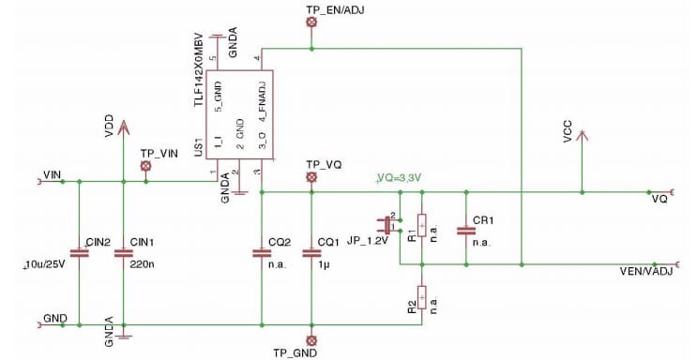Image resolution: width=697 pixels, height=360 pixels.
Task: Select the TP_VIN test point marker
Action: [x=145, y=166]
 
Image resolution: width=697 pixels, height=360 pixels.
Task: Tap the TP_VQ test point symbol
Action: [x=312, y=176]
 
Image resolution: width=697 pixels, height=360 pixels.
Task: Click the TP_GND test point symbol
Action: [x=312, y=339]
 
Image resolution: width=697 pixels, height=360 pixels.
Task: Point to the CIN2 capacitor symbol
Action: [x=79, y=253]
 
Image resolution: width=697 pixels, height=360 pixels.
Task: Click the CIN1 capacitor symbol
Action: [x=123, y=253]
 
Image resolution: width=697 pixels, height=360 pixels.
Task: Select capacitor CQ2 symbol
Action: [x=260, y=253]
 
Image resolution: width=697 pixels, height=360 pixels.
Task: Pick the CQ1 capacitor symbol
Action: [x=311, y=253]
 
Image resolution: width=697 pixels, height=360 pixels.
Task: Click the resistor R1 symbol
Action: [x=422, y=226]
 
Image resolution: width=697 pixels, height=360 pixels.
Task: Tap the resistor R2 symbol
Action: [x=422, y=297]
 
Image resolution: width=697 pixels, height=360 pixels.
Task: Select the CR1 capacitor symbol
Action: [x=463, y=229]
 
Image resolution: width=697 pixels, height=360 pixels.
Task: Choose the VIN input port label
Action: [x=53, y=174]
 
